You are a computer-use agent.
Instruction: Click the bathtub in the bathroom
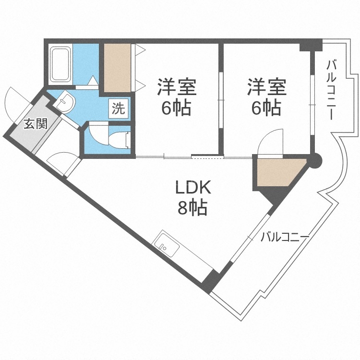coord(60,65)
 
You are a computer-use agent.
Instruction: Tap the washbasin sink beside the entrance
coord(64,102)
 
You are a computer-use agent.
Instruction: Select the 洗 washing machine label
coord(118,108)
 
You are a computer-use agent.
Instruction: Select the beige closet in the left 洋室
coord(117,67)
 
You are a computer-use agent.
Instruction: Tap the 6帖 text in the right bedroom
coord(265,108)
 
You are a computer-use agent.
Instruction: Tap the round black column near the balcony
coord(315,160)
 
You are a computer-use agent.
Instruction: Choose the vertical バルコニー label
coord(331,89)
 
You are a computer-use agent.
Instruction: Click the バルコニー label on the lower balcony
coord(284,237)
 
